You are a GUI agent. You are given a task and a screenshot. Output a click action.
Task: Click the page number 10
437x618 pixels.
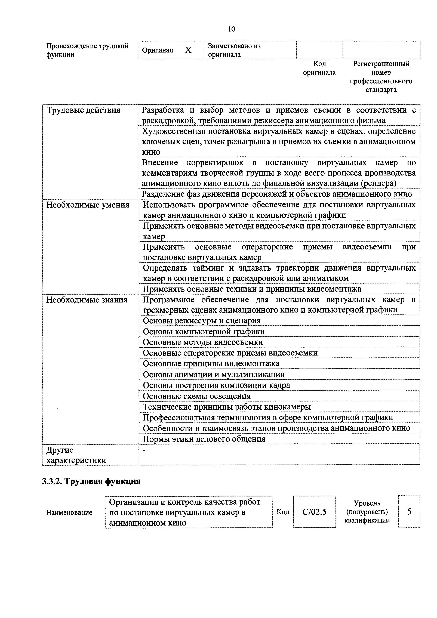click(231, 29)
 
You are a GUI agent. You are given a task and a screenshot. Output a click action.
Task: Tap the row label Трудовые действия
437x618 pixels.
click(84, 110)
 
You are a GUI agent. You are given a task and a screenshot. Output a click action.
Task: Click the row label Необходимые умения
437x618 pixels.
click(88, 205)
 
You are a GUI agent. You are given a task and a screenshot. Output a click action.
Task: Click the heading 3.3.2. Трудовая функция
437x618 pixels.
click(92, 481)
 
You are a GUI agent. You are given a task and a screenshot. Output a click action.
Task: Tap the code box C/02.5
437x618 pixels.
click(314, 512)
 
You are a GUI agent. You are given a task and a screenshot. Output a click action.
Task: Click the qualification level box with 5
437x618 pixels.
click(409, 511)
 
